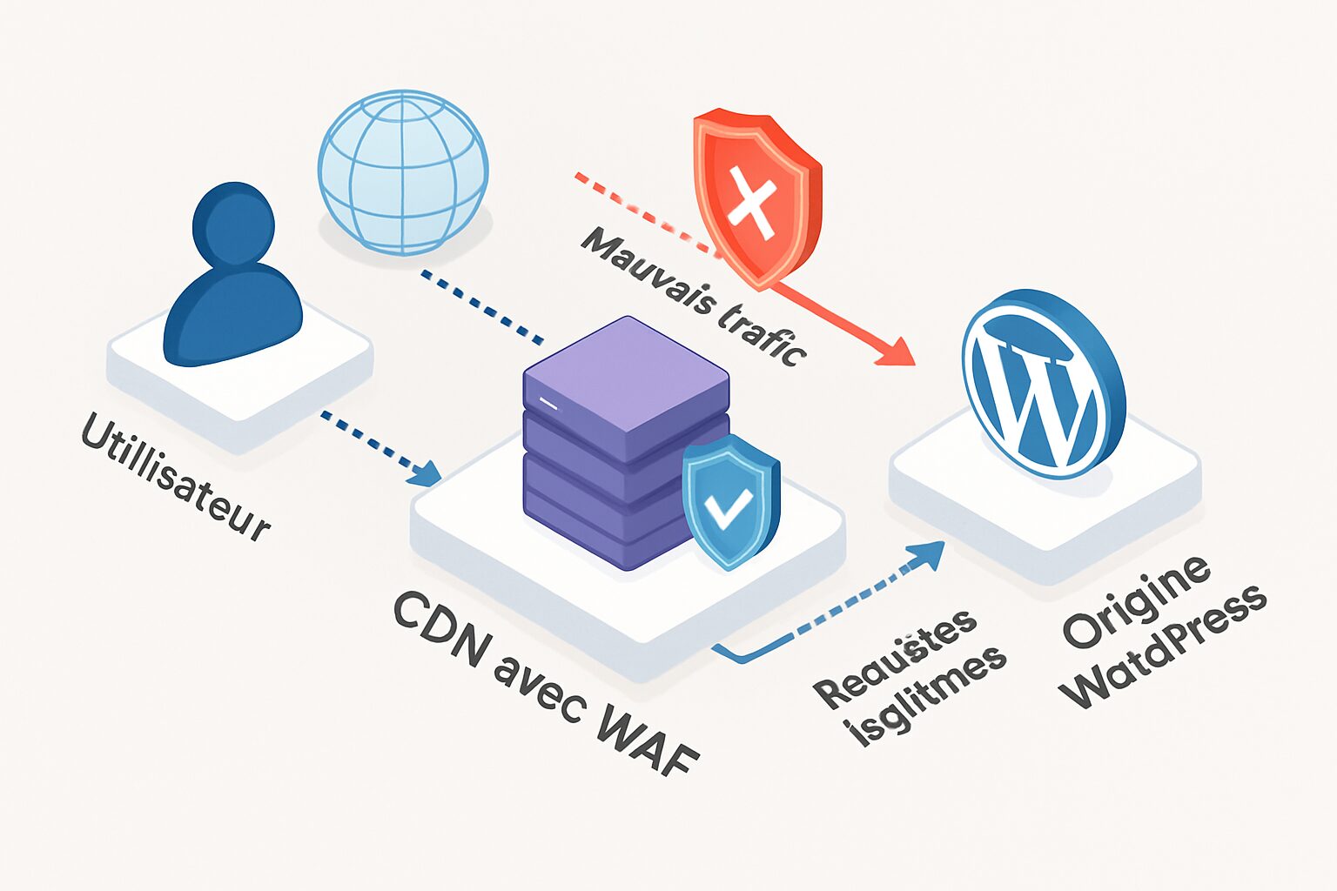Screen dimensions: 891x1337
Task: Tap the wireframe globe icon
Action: (402, 171)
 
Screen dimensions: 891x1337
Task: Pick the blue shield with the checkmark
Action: (730, 502)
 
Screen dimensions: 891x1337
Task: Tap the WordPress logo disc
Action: (1040, 383)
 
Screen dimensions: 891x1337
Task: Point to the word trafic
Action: (761, 334)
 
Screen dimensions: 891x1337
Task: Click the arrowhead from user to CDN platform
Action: (426, 473)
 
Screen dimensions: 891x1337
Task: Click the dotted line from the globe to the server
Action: (482, 306)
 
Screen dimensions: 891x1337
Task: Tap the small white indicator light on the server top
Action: (548, 402)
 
